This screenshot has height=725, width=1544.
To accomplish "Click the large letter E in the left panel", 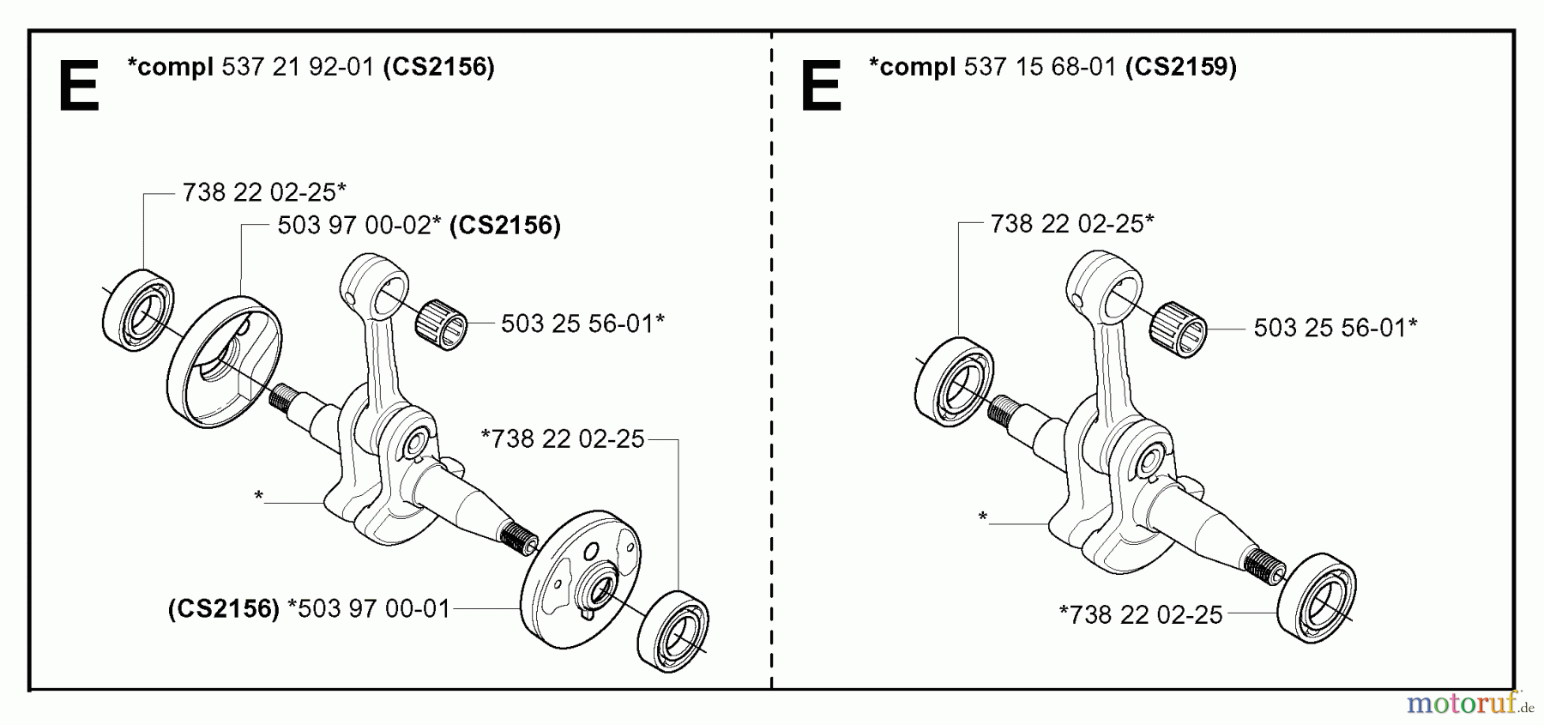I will [x=79, y=86].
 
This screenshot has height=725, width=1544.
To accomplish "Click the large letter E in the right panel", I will [x=821, y=86].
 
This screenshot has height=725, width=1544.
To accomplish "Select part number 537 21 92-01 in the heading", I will [x=298, y=67].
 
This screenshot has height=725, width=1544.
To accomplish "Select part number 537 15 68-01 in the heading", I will [x=1040, y=67].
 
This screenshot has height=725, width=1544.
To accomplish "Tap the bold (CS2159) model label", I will [x=1181, y=67].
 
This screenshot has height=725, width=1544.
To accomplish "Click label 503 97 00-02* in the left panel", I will [x=359, y=226].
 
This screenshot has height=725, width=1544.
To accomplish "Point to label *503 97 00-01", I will [x=369, y=609].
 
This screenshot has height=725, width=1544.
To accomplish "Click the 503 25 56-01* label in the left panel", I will [x=582, y=323].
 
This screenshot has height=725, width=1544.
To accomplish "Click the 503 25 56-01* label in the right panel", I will [x=1335, y=327].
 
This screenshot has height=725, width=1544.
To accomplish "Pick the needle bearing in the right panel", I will [x=1179, y=329].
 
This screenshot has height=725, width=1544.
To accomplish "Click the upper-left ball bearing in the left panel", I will [x=137, y=310].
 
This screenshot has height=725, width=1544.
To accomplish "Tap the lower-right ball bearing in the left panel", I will [x=674, y=627].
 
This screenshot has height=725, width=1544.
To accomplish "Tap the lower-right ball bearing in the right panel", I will [x=1317, y=598].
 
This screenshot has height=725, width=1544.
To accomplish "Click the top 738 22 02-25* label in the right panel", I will [x=1071, y=224].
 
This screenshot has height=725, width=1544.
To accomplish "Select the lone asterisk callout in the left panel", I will [x=258, y=496].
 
